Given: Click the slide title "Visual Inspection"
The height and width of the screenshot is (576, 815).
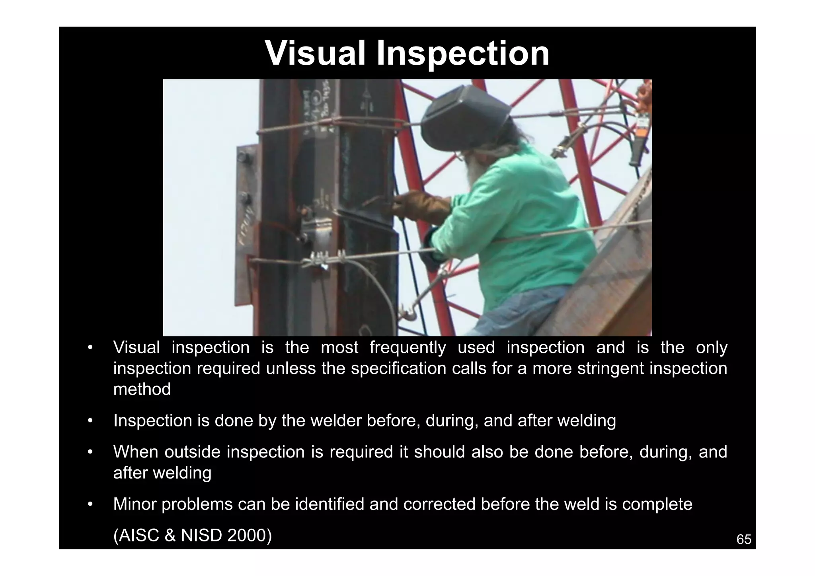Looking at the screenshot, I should (407, 53).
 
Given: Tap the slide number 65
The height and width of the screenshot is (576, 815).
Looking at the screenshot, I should (744, 539).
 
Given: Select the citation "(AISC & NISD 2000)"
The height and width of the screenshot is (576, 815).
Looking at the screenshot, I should (193, 535).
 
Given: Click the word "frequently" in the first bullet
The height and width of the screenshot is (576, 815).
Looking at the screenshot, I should (407, 348).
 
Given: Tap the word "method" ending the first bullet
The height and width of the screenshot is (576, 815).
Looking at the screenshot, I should (142, 389).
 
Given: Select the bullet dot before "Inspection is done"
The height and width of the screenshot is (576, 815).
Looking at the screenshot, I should (90, 421).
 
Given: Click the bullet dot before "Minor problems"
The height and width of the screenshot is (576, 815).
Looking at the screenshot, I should (90, 504).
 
